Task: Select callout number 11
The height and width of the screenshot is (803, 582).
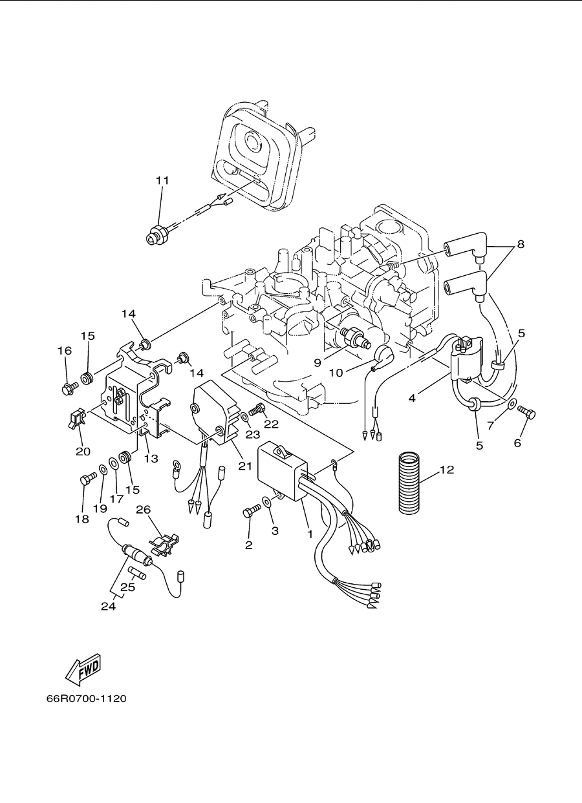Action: click(x=162, y=180)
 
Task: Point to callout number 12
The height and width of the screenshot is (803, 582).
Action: click(x=447, y=470)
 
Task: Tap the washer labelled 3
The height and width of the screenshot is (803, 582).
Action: click(x=266, y=502)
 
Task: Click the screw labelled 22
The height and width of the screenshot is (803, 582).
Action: click(x=257, y=409)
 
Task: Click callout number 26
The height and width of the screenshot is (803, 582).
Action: click(x=144, y=510)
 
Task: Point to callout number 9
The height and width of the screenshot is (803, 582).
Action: click(x=318, y=363)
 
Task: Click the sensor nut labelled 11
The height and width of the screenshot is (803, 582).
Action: click(x=157, y=235)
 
